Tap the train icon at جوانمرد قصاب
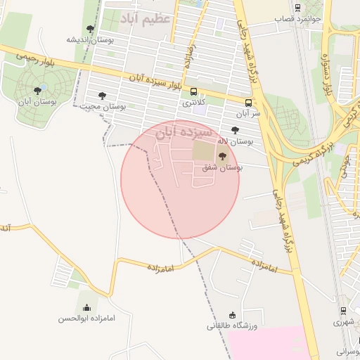pyautogui.click(x=299, y=8)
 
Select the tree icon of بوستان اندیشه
pyautogui.click(x=90, y=29)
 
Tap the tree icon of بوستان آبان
pyautogui.click(x=37, y=91)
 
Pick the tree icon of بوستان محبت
pyautogui.click(x=102, y=95)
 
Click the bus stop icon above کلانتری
pyautogui.click(x=193, y=91)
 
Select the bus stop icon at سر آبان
pyautogui.click(x=247, y=101)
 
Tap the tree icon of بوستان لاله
pyautogui.click(x=234, y=130)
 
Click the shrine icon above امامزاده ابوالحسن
pyautogui.click(x=86, y=307)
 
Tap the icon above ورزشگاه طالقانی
pyautogui.click(x=233, y=314)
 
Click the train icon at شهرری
pyautogui.click(x=342, y=310)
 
